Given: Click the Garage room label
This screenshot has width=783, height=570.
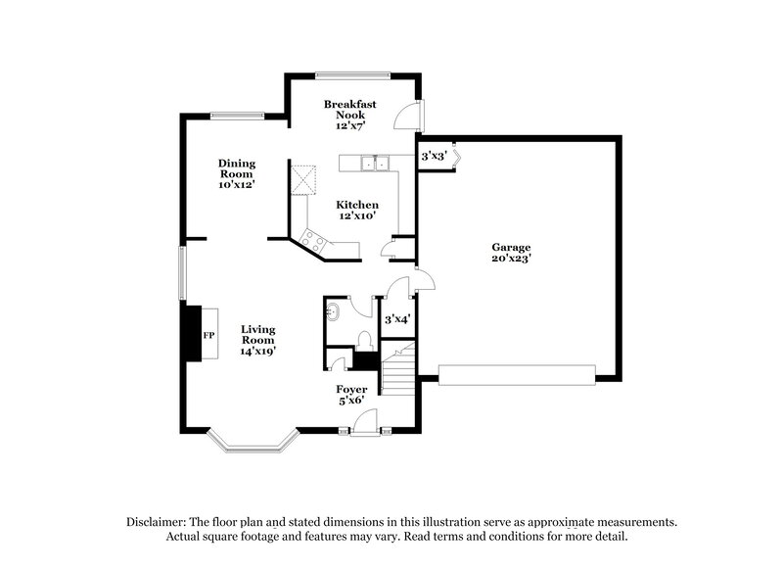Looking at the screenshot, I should (511, 254).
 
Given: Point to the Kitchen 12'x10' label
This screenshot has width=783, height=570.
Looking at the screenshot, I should (358, 210).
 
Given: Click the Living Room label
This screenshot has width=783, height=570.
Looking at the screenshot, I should (258, 340).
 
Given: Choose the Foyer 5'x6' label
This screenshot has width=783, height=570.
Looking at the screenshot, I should (351, 395).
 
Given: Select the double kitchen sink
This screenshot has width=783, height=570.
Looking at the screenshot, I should (374, 164).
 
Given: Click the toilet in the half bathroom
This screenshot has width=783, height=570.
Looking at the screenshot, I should (365, 340).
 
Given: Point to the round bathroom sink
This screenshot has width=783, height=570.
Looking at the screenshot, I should (333, 312).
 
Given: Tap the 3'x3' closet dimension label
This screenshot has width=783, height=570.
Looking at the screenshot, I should (434, 156).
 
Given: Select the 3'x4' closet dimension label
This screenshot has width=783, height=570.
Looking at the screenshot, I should (397, 319).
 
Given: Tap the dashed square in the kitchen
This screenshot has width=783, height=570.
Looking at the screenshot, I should (306, 178).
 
